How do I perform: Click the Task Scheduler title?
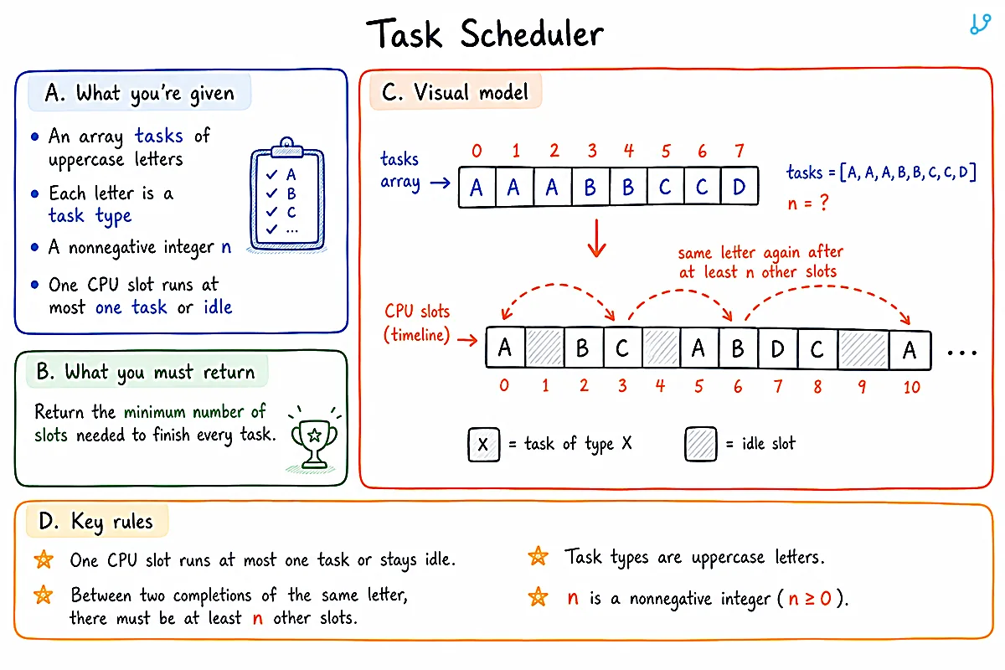(x=485, y=33)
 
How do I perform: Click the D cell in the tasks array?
(x=740, y=187)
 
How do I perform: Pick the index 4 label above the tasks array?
(x=629, y=151)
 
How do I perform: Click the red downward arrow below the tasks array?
(x=596, y=238)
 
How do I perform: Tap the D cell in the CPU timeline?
(x=777, y=348)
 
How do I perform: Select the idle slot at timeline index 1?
(x=544, y=347)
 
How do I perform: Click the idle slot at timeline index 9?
(x=863, y=350)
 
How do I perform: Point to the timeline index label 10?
(x=912, y=387)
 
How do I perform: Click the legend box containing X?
(x=484, y=444)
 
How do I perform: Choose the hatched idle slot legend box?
(x=701, y=444)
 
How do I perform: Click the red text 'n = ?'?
(x=808, y=204)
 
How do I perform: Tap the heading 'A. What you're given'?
(x=140, y=93)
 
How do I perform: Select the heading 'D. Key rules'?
(x=95, y=522)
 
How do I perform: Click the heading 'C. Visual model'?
(x=455, y=92)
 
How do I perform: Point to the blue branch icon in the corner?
(x=981, y=24)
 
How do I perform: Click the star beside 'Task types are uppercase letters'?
(x=538, y=556)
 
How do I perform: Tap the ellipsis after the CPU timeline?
(x=962, y=353)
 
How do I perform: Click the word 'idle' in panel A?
(x=218, y=307)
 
